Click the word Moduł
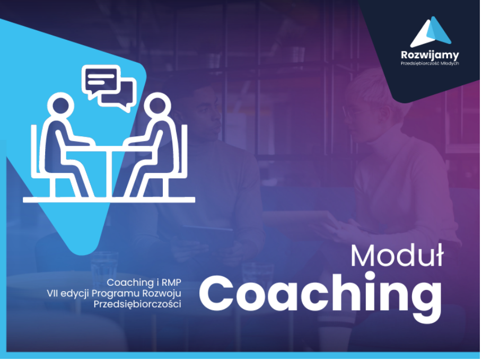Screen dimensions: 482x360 [x=397, y=256]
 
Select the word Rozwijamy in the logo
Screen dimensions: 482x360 [x=430, y=55]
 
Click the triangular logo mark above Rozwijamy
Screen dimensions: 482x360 [x=431, y=31]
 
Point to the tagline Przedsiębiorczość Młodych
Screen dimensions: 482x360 [x=430, y=63]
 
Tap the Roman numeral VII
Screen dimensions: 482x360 [x=52, y=293]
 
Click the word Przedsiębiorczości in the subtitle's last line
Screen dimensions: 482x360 [x=137, y=304]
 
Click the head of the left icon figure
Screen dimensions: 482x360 [x=60, y=106]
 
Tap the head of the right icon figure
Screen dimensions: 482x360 [x=157, y=106]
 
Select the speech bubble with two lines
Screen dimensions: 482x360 [x=101, y=81]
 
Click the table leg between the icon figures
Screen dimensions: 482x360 [x=109, y=174]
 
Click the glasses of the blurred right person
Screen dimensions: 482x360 [x=354, y=111]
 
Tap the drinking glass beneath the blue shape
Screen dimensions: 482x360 [x=104, y=270]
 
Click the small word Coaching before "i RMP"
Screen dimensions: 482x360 [x=130, y=283]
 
